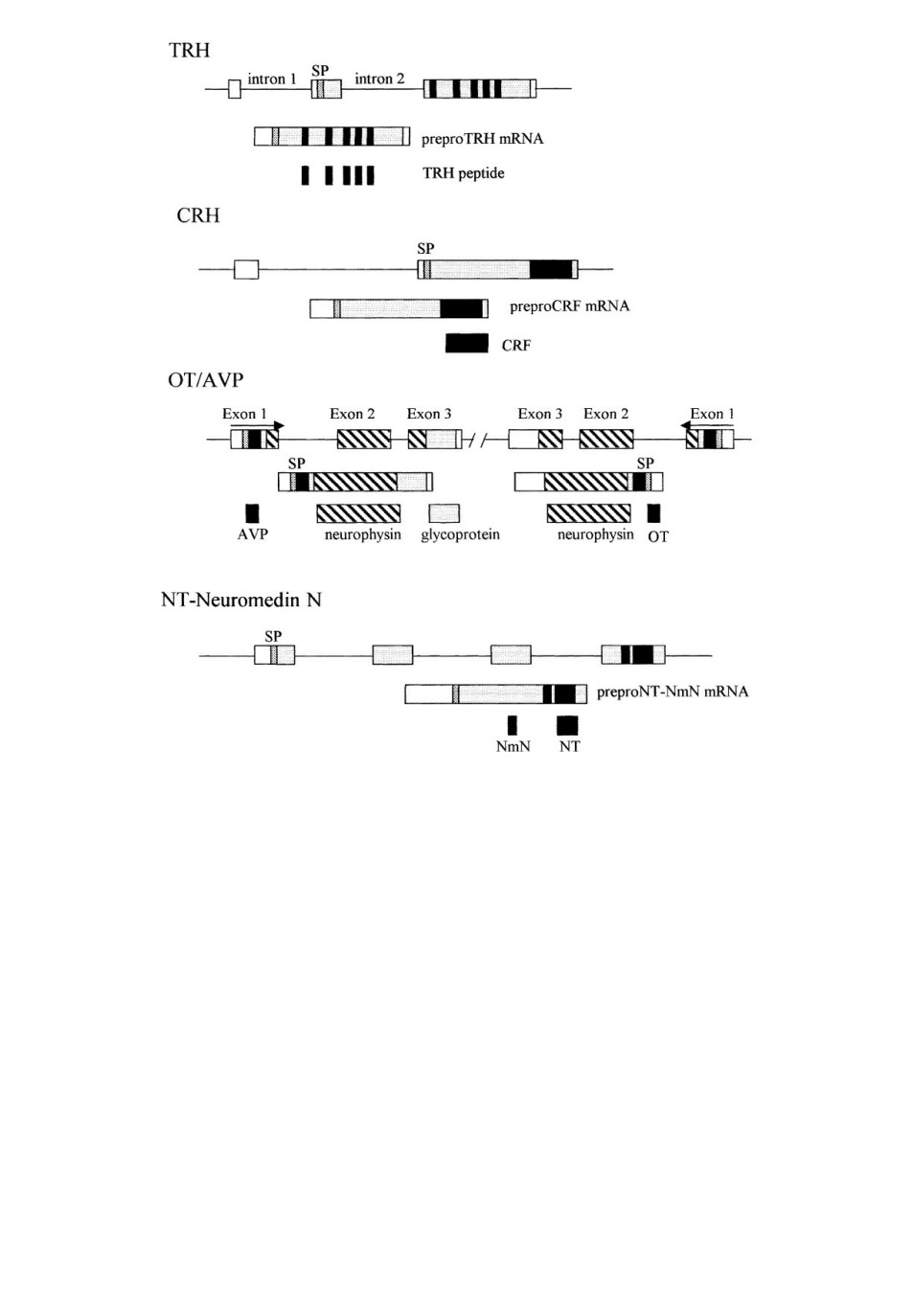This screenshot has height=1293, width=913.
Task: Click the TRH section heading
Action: coord(189,51)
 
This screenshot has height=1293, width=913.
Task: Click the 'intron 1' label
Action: coord(271,79)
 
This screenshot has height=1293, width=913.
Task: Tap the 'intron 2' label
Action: coord(379,79)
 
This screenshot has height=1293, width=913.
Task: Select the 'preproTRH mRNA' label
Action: coord(482,139)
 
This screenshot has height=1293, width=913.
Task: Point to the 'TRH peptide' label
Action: coord(463,173)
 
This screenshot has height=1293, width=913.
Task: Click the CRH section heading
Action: coord(198,215)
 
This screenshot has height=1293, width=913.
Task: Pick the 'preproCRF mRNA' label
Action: coord(569,306)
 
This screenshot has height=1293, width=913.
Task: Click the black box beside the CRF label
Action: coord(467,343)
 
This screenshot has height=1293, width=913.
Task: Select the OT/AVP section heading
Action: coord(206,380)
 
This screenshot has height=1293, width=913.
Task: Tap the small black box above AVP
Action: coord(252,513)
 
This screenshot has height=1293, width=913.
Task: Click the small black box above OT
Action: coord(653,513)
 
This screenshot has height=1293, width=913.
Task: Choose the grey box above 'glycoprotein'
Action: coord(445,513)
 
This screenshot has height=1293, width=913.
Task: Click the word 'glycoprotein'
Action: coord(460,535)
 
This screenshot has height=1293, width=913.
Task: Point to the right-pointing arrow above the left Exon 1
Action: coord(258,426)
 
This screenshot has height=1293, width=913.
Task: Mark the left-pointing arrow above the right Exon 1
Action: coord(707,426)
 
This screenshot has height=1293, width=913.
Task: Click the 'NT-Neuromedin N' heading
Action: coord(240,601)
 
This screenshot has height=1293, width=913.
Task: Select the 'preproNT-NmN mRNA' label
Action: coord(673,692)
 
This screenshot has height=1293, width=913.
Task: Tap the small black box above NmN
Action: coord(513,725)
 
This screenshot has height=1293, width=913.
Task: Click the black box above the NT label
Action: coord(567,725)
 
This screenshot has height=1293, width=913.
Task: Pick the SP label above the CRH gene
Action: coord(425,248)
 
